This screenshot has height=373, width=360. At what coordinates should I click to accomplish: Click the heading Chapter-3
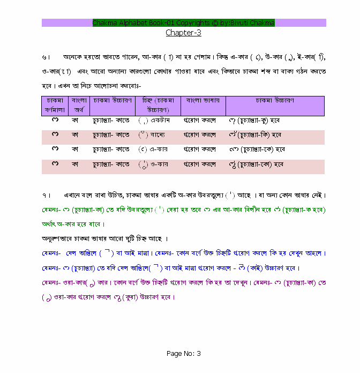(x=183, y=33)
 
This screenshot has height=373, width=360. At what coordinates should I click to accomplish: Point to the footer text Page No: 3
(x=183, y=354)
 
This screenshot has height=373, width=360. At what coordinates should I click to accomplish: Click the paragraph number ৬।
(x=46, y=57)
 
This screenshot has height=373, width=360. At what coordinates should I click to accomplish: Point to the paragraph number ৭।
(x=46, y=195)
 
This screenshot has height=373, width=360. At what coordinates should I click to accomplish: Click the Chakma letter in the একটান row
(x=55, y=121)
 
